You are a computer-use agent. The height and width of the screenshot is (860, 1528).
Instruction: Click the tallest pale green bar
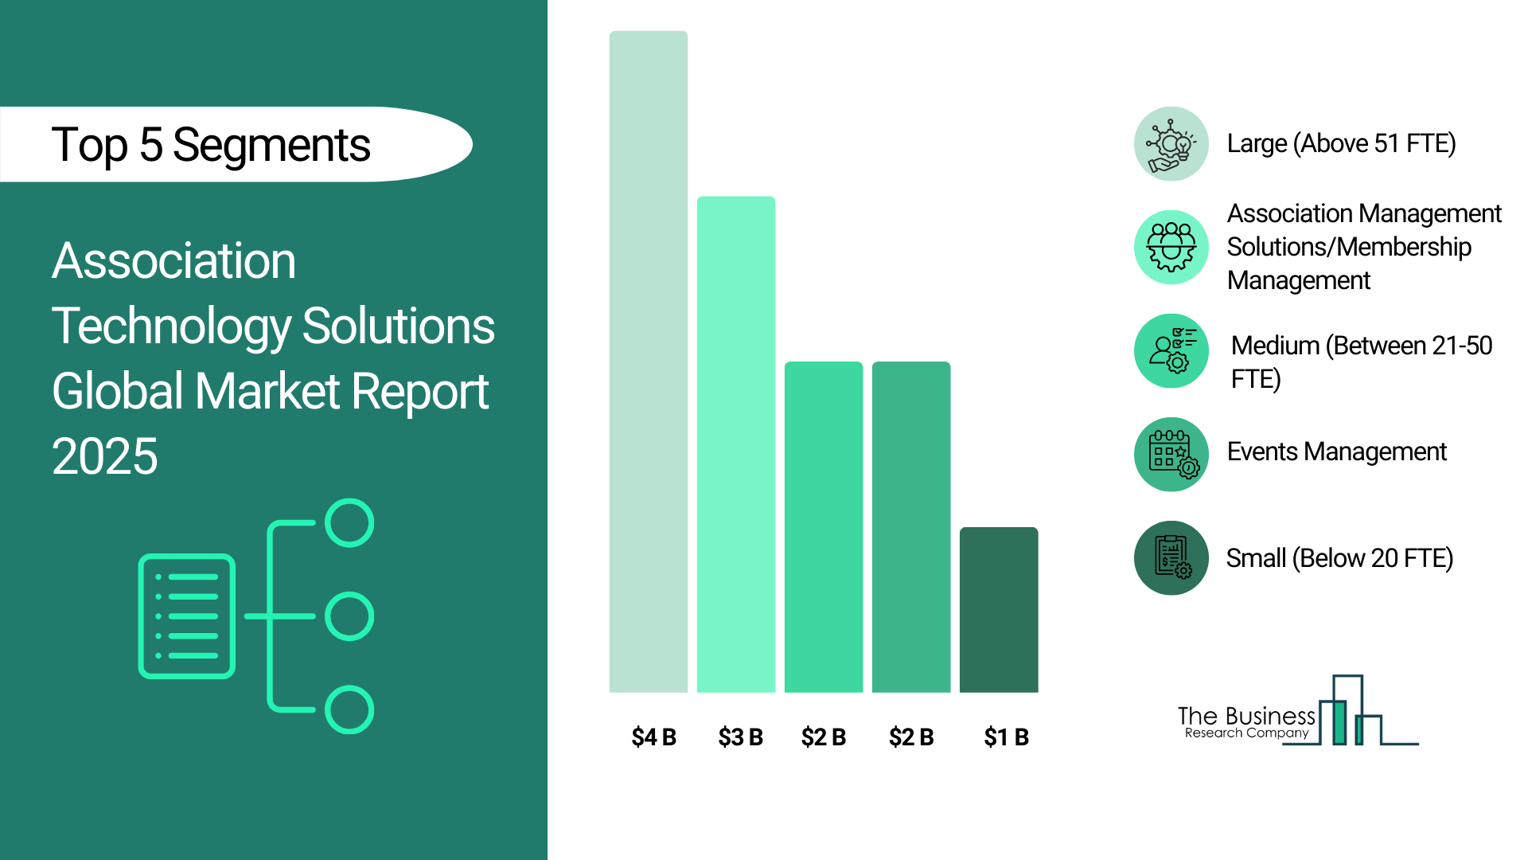pyautogui.click(x=649, y=362)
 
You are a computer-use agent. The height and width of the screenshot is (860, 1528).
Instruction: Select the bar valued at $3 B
pyautogui.click(x=736, y=444)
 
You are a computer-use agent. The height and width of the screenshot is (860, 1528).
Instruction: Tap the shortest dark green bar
pyautogui.click(x=999, y=610)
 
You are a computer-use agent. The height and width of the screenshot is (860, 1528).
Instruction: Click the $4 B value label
pyautogui.click(x=653, y=737)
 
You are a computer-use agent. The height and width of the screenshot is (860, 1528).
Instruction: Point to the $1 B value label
pyautogui.click(x=1006, y=737)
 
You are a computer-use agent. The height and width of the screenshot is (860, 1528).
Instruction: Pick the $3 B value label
pyautogui.click(x=740, y=737)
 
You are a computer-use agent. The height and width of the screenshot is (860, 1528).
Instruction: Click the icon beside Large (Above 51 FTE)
pyautogui.click(x=1171, y=144)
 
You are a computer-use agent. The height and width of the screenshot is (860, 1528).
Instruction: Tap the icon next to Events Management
pyautogui.click(x=1171, y=455)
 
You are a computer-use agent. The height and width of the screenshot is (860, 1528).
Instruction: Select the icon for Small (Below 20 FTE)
pyautogui.click(x=1171, y=558)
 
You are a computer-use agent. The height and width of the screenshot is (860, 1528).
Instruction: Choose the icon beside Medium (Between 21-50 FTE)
pyautogui.click(x=1171, y=351)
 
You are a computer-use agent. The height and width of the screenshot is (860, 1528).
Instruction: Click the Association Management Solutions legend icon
pyautogui.click(x=1171, y=248)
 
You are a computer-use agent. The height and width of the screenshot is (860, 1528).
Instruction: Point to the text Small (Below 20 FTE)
pyautogui.click(x=1339, y=558)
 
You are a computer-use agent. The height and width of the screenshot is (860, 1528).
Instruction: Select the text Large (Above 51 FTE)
pyautogui.click(x=1341, y=144)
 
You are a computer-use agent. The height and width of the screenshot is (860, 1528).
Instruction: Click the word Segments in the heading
pyautogui.click(x=271, y=147)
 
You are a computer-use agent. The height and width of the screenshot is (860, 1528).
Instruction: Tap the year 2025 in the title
pyautogui.click(x=105, y=456)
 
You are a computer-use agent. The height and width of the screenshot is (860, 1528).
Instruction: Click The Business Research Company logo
pyautogui.click(x=1298, y=711)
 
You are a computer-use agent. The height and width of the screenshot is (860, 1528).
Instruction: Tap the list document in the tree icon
pyautogui.click(x=187, y=616)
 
